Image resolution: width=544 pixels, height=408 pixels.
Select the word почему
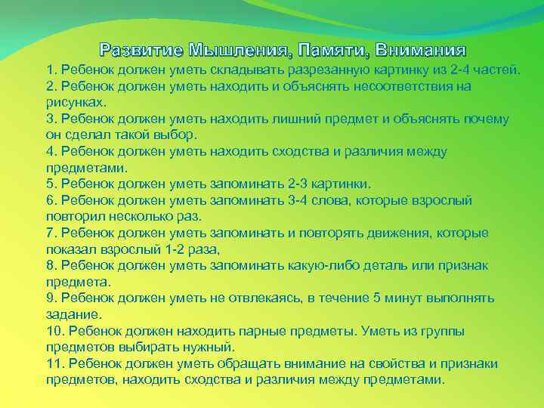coord(487,119)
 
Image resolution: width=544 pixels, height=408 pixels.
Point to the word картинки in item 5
coord(342,184)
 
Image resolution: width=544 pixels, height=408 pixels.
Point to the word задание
coord(73,314)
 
